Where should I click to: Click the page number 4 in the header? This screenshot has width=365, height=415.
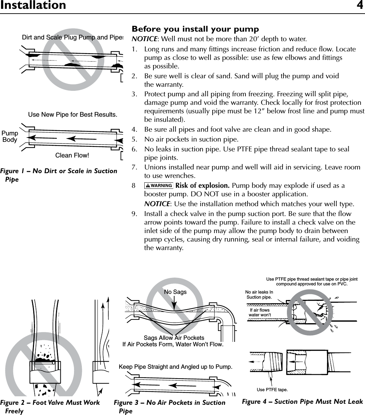pos(360,5)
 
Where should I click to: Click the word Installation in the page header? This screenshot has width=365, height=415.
pos(33,5)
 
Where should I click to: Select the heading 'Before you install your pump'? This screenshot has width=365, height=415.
pos(195,29)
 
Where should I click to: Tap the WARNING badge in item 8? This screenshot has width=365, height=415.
pos(159,186)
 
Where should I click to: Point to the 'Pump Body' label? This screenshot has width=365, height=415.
pos(10,136)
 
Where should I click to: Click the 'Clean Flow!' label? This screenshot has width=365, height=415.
pos(72,155)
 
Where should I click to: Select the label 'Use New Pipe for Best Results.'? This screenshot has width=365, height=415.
pos(73,115)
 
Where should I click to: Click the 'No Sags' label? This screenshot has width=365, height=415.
pos(175,292)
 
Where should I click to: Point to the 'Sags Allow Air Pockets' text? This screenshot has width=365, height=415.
pos(174,338)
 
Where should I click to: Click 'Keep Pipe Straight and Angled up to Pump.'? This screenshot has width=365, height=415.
pos(176,367)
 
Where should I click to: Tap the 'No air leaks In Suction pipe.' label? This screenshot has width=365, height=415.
pos(259,295)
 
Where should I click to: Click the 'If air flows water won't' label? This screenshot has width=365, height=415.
pos(260,312)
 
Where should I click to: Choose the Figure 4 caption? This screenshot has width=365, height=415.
pos(302,402)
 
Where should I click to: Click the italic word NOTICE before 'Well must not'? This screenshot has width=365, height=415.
pos(144,39)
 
